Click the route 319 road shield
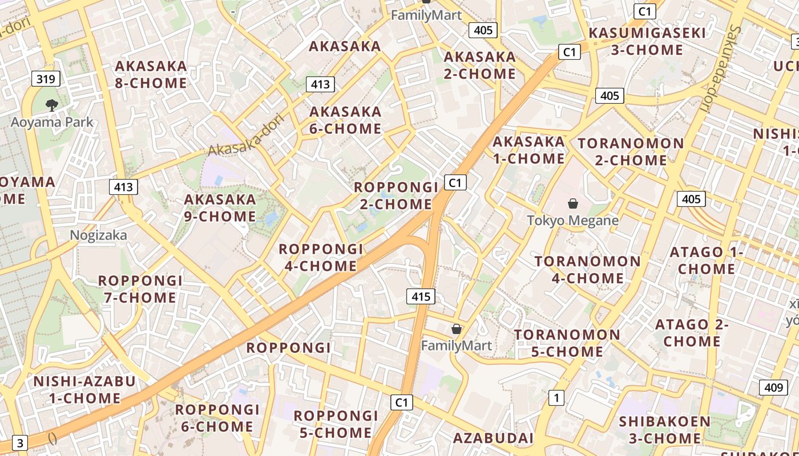(45, 79)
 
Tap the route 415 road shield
(421, 296)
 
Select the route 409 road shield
(773, 388)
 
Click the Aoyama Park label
(52, 122)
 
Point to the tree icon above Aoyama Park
(52, 105)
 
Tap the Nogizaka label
(99, 235)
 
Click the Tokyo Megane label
(572, 220)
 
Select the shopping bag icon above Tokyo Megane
(572, 203)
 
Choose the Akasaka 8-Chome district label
(151, 75)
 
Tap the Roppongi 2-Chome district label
(396, 196)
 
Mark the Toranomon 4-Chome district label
(587, 270)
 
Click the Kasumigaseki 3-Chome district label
(647, 41)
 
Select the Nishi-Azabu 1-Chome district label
(84, 389)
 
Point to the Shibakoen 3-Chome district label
(665, 430)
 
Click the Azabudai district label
(493, 438)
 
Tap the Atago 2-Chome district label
(692, 333)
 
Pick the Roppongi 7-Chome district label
(140, 289)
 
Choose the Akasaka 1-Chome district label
(528, 149)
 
